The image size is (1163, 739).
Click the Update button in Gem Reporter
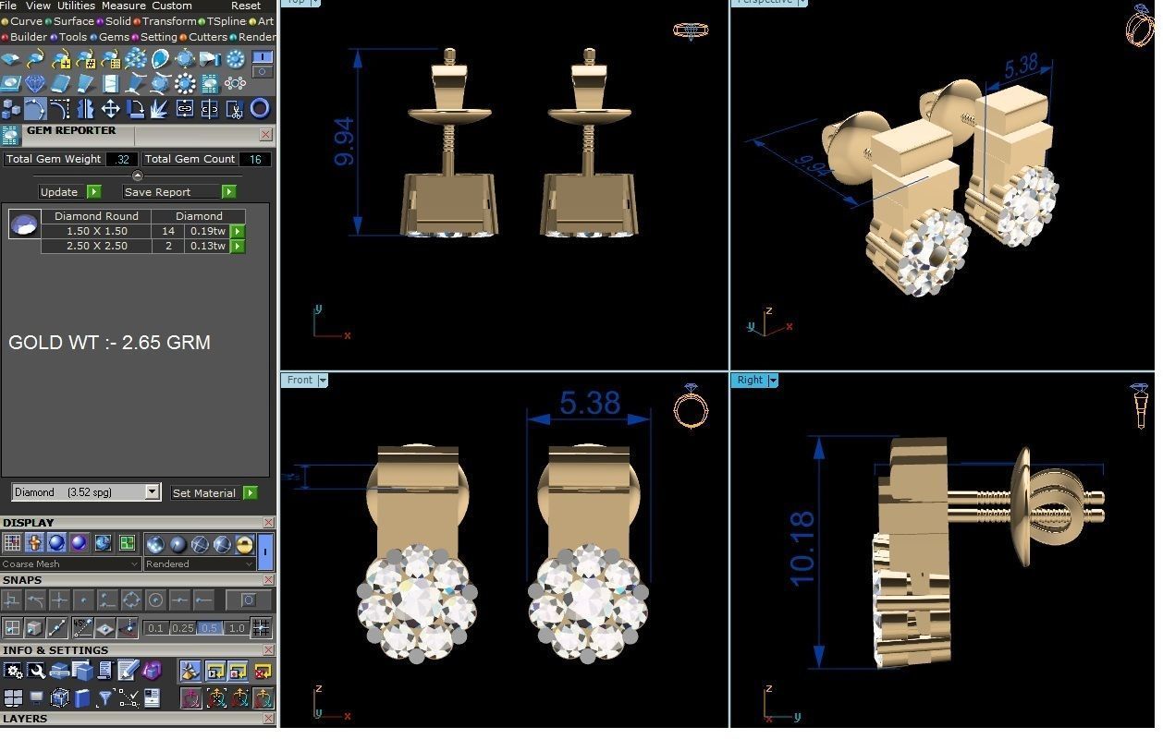tap(60, 192)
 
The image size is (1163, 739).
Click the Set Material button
tap(204, 493)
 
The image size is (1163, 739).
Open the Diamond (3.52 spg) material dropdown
tap(152, 492)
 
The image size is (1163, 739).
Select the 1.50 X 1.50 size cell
tap(96, 231)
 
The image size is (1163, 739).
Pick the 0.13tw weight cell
tap(207, 246)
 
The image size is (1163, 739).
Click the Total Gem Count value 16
tap(254, 159)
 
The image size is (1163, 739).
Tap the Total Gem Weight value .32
tap(121, 159)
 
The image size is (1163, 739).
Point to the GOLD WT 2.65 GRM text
tap(109, 343)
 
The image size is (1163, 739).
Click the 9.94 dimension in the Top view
tap(344, 141)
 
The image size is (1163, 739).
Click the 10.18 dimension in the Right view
tap(802, 548)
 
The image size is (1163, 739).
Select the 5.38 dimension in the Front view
tap(589, 403)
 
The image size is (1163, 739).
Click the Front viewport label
tap(300, 380)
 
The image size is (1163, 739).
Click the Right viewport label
tap(749, 380)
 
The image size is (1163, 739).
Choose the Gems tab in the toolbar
tap(113, 37)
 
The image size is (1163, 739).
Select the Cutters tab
tap(207, 37)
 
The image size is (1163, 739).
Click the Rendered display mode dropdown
tap(199, 563)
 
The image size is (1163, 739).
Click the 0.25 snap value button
tap(182, 628)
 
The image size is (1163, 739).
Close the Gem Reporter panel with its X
tap(265, 135)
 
